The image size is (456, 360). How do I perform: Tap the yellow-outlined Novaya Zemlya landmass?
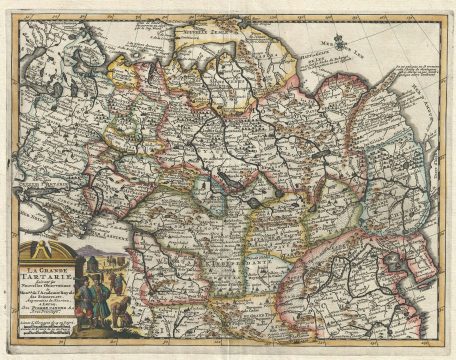(210, 40)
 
